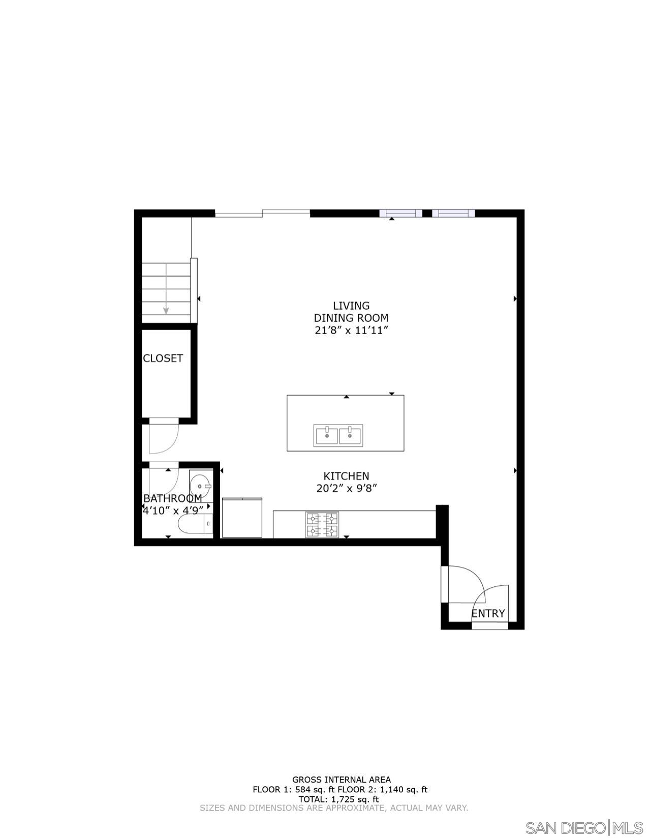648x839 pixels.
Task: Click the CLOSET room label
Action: tap(163, 358)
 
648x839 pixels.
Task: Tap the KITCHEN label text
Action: tap(346, 476)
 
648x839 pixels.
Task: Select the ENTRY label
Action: tap(488, 613)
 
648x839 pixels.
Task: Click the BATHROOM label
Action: tap(172, 498)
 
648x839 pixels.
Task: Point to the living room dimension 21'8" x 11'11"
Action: tap(351, 331)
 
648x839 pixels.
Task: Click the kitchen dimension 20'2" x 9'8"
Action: tap(346, 489)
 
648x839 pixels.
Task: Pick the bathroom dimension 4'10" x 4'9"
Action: tap(173, 510)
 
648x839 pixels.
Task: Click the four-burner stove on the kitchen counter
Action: tap(321, 525)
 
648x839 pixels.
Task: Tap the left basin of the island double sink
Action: tap(326, 436)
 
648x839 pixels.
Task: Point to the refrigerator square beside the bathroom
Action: tap(242, 518)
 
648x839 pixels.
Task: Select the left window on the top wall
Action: tap(400, 213)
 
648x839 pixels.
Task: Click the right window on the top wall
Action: tap(453, 213)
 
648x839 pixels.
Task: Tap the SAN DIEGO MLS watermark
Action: tap(584, 828)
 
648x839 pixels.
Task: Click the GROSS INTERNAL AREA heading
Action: tap(341, 780)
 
